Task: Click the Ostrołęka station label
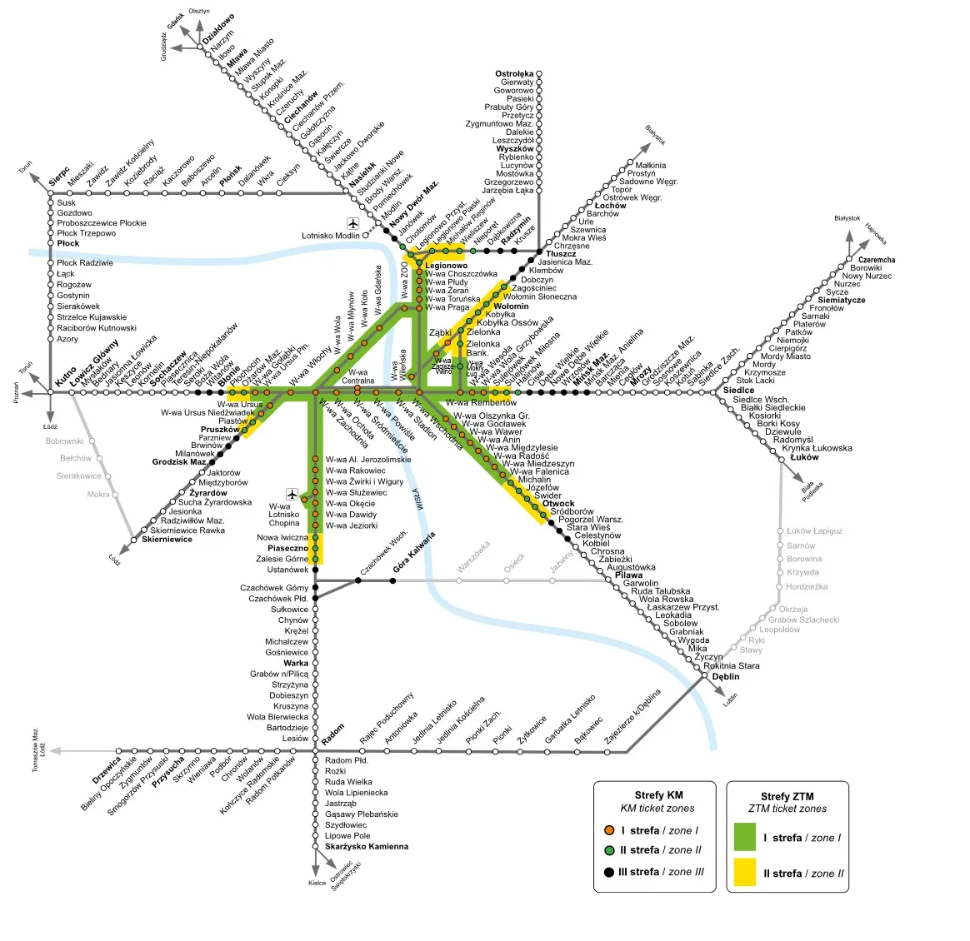[514, 74]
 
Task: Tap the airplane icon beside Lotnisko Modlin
[352, 223]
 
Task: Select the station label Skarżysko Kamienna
[367, 847]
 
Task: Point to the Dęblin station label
[725, 677]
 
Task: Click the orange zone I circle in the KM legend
[609, 830]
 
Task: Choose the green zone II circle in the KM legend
[609, 850]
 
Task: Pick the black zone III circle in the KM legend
[609, 872]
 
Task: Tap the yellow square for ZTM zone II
[744, 873]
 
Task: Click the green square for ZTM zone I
[744, 837]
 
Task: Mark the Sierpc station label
[58, 177]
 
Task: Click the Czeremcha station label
[877, 260]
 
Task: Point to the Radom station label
[332, 735]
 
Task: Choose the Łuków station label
[804, 457]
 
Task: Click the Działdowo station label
[219, 30]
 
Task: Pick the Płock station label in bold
[68, 244]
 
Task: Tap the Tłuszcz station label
[561, 254]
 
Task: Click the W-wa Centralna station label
[357, 376]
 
